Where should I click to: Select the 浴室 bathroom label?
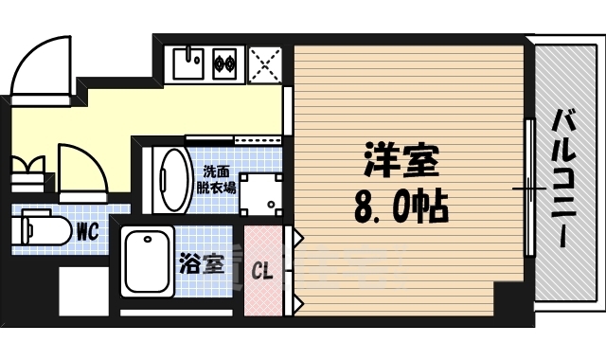click(202, 262)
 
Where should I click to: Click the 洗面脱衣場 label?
click(216, 180)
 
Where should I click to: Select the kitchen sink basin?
click(187, 64)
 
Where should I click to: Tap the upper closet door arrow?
click(297, 239)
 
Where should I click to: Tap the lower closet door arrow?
click(297, 303)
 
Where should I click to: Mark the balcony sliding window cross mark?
click(528, 189)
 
